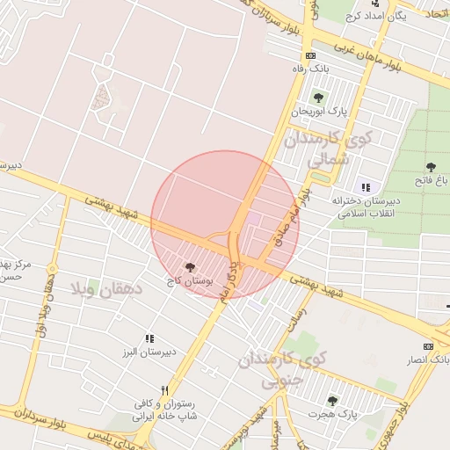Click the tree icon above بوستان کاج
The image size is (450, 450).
coord(190,266)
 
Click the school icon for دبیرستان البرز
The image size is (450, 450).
coord(150,338)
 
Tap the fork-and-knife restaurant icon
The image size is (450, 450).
coord(163,390)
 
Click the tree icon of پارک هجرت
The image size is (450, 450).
coord(332,401)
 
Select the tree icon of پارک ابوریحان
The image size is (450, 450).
coord(317,98)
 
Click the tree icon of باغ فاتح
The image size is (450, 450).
coord(431,167)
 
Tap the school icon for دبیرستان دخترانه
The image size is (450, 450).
coord(366,186)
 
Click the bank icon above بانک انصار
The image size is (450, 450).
coord(428,346)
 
